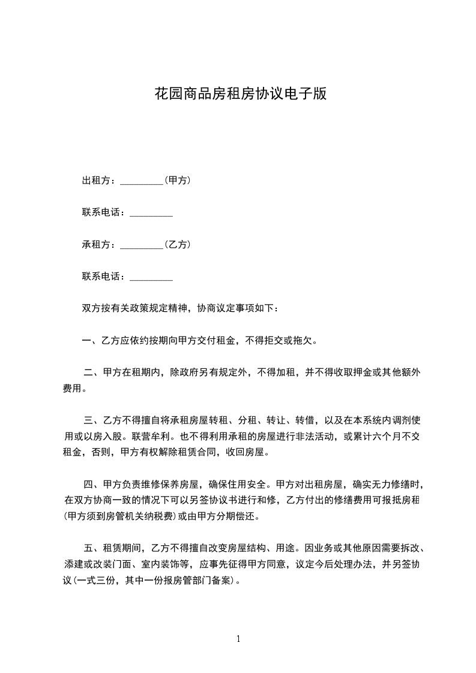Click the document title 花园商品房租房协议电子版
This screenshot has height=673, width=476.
click(240, 94)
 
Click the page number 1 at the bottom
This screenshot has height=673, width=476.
click(238, 639)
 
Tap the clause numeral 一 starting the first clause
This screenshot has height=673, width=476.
click(86, 341)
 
